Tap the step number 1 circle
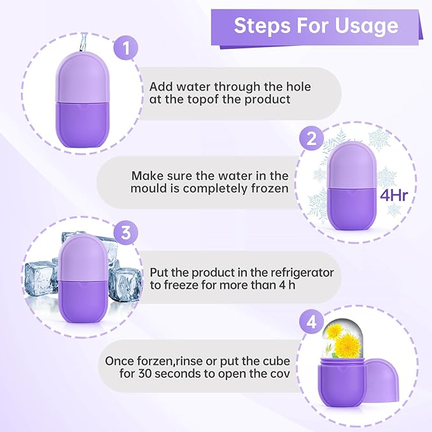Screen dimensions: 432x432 (x=126, y=48)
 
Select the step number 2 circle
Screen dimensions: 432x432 (x=312, y=140)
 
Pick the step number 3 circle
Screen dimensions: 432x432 (x=125, y=233)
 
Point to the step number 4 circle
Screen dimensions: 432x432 (x=312, y=322)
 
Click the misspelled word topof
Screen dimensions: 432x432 (x=202, y=100)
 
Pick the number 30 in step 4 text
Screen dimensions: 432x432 (x=151, y=373)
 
